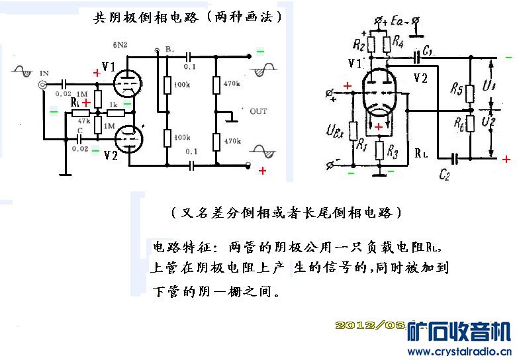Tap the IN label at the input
(x=44, y=72)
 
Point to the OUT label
(x=258, y=111)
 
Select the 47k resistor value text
(x=84, y=121)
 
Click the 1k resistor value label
(x=113, y=105)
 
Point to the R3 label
(x=392, y=154)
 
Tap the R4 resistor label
(x=397, y=41)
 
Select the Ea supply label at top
(x=397, y=22)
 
